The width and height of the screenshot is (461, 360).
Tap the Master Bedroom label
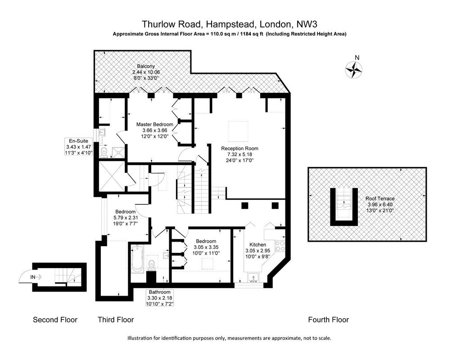(155, 124)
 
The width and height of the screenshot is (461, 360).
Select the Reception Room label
(240, 148)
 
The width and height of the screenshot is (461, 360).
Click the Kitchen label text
(258, 244)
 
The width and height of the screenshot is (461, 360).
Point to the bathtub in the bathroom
(137, 259)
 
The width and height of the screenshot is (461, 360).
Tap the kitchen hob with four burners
(280, 246)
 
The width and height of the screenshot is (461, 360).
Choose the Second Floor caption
(55, 320)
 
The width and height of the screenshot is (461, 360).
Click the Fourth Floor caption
(328, 320)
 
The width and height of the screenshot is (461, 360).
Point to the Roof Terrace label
(380, 198)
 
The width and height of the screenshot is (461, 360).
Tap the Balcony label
(146, 67)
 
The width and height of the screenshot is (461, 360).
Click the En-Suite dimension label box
(79, 147)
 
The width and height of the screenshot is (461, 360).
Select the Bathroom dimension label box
(160, 298)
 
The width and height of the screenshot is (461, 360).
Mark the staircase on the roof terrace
(344, 203)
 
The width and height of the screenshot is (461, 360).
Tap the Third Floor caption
(116, 320)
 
